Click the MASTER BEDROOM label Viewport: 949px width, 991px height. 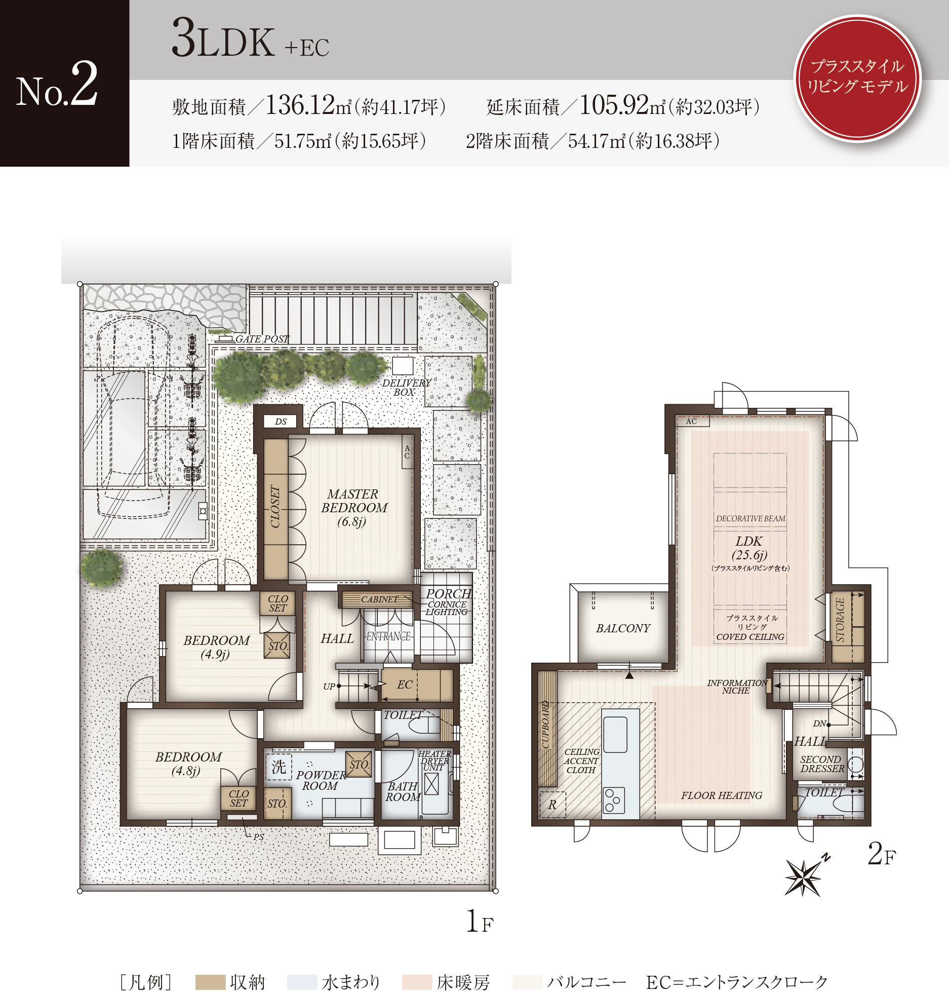tap(354, 508)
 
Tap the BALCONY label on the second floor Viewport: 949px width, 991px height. tap(623, 628)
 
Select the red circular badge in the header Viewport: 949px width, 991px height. tap(857, 78)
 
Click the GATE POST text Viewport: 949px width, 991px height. tap(262, 339)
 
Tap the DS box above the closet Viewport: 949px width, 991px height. tap(281, 422)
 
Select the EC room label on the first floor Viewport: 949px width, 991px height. tap(405, 684)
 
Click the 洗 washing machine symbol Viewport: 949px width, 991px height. tap(279, 767)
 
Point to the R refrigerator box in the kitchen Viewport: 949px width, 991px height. tap(552, 805)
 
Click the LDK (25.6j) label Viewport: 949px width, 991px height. tap(749, 548)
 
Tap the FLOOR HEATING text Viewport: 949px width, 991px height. tap(722, 795)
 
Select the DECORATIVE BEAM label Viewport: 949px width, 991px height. tap(750, 518)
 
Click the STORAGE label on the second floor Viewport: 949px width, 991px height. tap(840, 620)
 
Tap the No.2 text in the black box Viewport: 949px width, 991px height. tap(57, 84)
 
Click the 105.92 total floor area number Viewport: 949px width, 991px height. tap(614, 105)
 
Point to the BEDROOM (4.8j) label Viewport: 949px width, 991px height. tap(188, 764)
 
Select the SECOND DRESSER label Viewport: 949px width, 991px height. tap(822, 764)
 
